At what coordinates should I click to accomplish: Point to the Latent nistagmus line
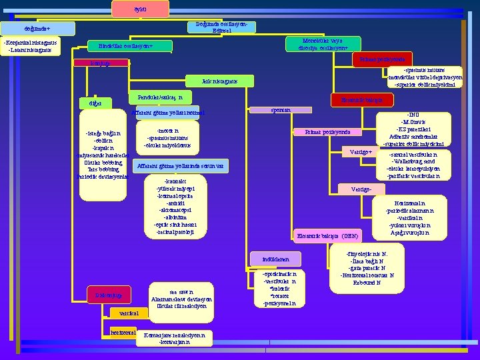tap(33, 49)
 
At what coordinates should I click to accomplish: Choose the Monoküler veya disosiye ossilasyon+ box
tap(323, 44)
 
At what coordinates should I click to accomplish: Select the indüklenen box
tap(275, 259)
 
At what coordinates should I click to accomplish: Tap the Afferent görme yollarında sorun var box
tap(181, 165)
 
